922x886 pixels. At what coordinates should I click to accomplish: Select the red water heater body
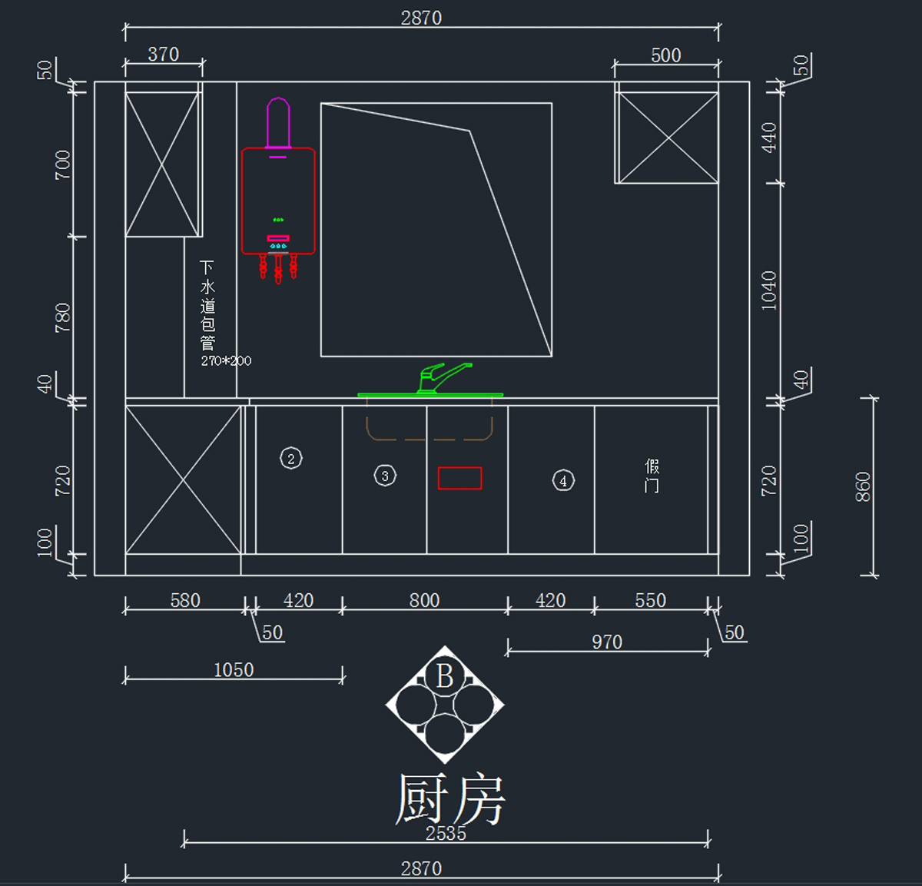click(x=278, y=200)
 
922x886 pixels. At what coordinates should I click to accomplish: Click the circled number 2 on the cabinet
click(x=291, y=459)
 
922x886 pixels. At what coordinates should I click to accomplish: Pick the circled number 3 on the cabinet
click(x=385, y=476)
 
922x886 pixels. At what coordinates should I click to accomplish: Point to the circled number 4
click(x=563, y=480)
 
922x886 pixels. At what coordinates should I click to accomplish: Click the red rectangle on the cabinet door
click(x=459, y=478)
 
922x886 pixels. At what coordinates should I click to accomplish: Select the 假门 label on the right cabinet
click(x=652, y=476)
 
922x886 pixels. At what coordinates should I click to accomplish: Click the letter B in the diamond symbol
click(x=445, y=676)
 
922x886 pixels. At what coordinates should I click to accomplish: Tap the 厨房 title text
click(x=449, y=799)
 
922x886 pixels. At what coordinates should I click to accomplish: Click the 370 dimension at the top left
click(x=163, y=55)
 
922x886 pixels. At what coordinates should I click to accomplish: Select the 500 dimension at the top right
click(x=665, y=55)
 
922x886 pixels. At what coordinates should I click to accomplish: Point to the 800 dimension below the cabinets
click(x=424, y=600)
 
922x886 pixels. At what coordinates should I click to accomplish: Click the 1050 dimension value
click(x=234, y=670)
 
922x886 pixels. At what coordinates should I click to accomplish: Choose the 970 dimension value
click(x=607, y=642)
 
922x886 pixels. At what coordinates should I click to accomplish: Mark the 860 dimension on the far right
click(x=863, y=487)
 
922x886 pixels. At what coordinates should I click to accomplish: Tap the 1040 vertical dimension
click(x=769, y=290)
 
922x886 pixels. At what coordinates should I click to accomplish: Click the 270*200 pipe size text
click(x=226, y=360)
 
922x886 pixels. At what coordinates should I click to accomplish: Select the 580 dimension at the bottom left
click(x=185, y=600)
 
